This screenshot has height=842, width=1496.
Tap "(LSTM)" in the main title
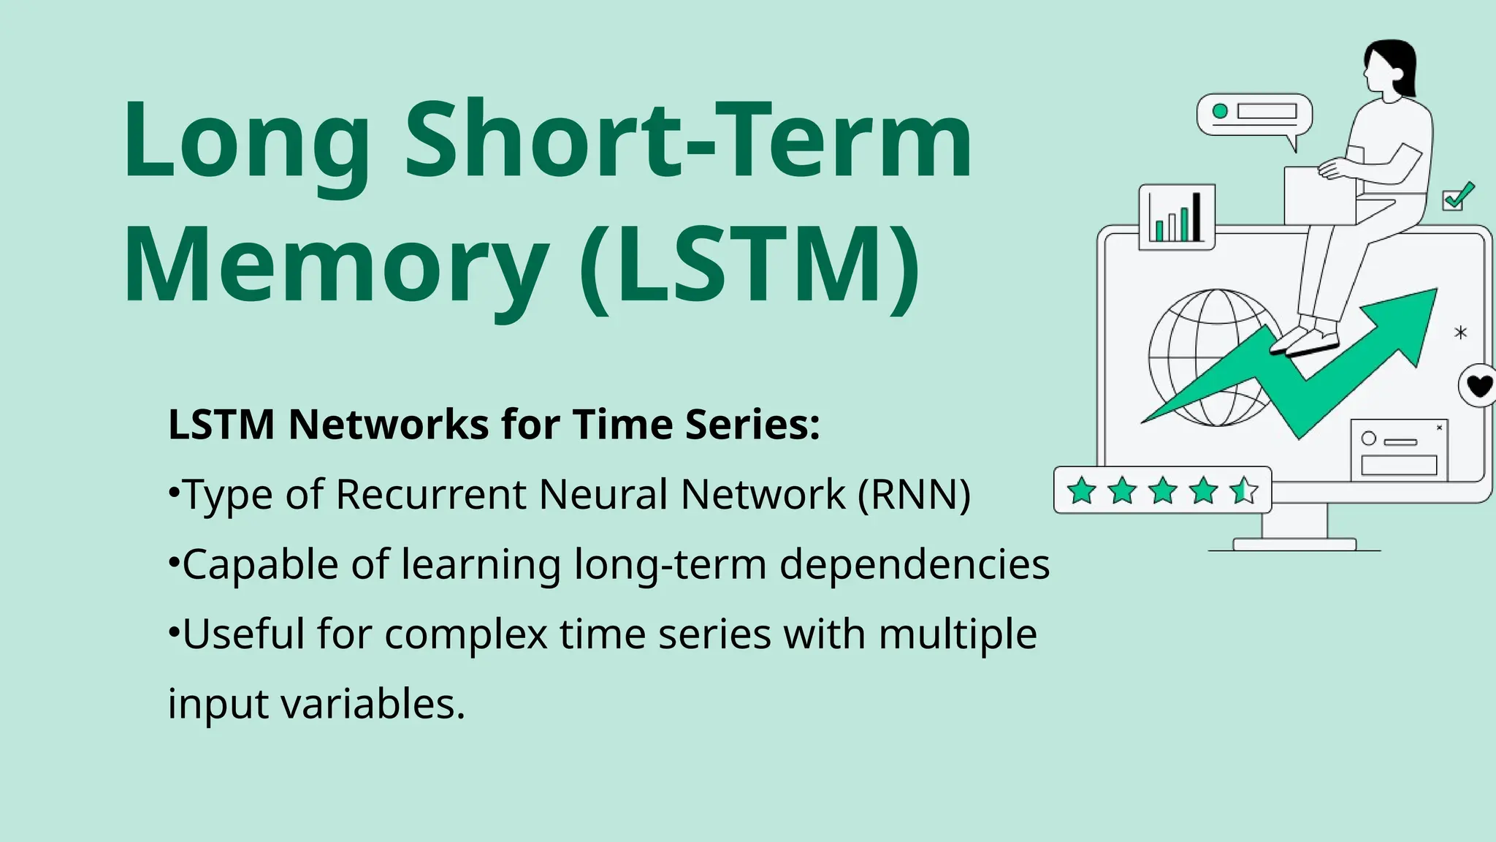point(749,265)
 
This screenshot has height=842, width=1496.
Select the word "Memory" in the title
point(336,265)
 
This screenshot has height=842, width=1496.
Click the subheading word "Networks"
point(389,425)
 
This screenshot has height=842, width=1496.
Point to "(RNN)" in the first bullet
point(914,495)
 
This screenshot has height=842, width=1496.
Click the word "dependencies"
point(915,565)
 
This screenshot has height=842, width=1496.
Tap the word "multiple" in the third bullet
point(958,634)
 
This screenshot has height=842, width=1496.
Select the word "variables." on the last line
point(373,704)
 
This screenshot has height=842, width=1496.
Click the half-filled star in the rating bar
point(1243,490)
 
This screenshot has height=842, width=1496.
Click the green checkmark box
point(1456,197)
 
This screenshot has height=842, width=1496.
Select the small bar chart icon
point(1176,217)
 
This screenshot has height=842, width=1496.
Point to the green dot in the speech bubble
point(1220,111)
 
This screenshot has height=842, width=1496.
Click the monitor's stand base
point(1294,544)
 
